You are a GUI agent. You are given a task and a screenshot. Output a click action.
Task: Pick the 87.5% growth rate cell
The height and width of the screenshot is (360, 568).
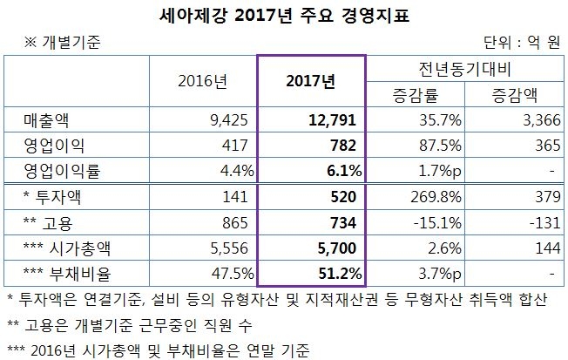pos(429,145)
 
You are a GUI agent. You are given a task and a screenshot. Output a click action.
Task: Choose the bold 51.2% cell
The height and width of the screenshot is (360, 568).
pos(338,275)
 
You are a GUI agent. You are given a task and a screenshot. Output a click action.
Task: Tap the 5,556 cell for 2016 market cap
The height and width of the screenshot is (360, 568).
pos(233,248)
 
